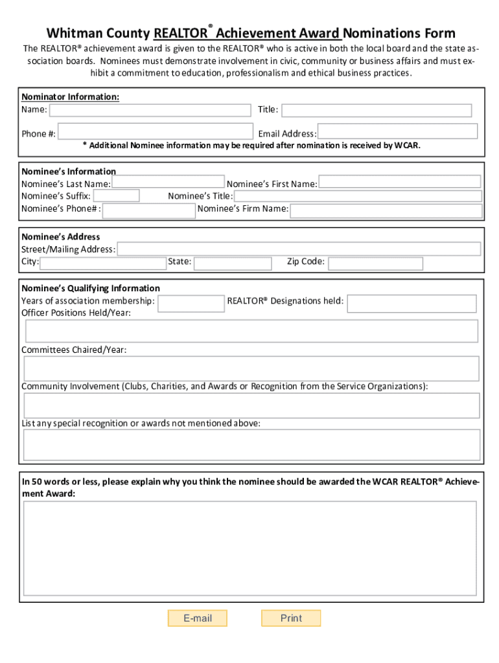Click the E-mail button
(x=198, y=618)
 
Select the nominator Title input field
(x=377, y=111)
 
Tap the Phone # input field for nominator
(x=155, y=131)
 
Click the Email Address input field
(x=397, y=131)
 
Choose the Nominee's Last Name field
(x=168, y=181)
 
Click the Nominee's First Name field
(x=400, y=182)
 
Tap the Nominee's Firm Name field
(x=386, y=210)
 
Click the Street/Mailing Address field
(x=299, y=249)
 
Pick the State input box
(x=233, y=264)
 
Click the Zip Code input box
(x=375, y=264)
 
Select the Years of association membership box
(x=191, y=303)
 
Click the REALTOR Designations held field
(x=412, y=303)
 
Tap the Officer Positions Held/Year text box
(x=251, y=331)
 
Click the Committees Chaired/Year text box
(x=251, y=368)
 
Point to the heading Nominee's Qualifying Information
(x=91, y=288)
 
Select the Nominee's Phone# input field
(x=149, y=210)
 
